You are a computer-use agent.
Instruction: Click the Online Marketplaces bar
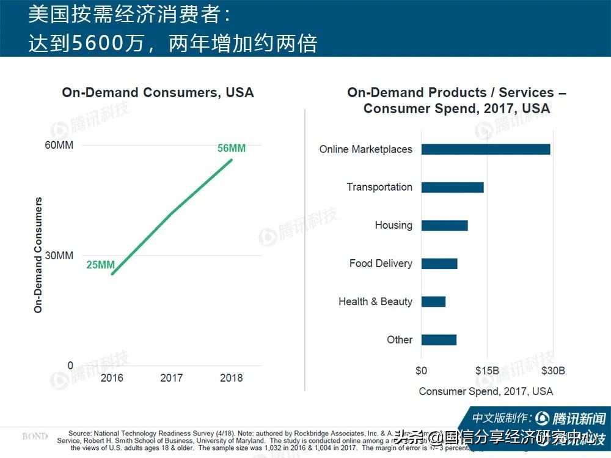click(x=486, y=149)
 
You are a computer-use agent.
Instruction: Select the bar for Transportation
click(x=452, y=187)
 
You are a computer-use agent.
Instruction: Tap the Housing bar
click(x=444, y=225)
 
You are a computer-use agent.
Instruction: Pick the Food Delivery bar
click(x=439, y=264)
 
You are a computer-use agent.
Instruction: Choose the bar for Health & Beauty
click(x=433, y=301)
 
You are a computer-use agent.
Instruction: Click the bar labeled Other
click(x=439, y=340)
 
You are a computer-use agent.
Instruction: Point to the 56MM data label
click(x=232, y=149)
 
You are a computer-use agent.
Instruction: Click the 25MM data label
click(x=100, y=265)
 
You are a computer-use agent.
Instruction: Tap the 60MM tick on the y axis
click(x=59, y=145)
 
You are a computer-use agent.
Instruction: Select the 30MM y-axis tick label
click(x=60, y=255)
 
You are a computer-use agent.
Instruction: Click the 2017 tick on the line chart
click(x=172, y=378)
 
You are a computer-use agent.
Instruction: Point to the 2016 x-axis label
click(x=112, y=378)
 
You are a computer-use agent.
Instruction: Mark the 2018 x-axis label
click(x=231, y=378)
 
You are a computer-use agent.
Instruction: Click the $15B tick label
click(x=488, y=371)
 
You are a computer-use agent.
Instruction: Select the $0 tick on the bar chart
click(x=421, y=371)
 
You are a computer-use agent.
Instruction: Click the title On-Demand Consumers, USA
click(x=158, y=93)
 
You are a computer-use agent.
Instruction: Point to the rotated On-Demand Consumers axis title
click(x=38, y=255)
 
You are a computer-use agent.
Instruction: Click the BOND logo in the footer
click(x=35, y=437)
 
